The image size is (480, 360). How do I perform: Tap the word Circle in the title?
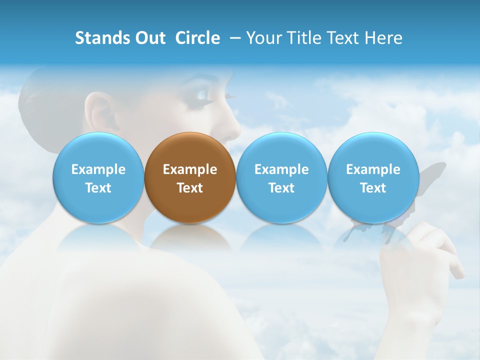click(197, 38)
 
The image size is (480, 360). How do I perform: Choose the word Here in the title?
click(383, 38)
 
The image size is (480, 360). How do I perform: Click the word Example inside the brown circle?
click(190, 169)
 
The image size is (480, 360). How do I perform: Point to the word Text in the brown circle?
click(190, 188)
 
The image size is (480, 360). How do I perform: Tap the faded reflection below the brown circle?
click(190, 237)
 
